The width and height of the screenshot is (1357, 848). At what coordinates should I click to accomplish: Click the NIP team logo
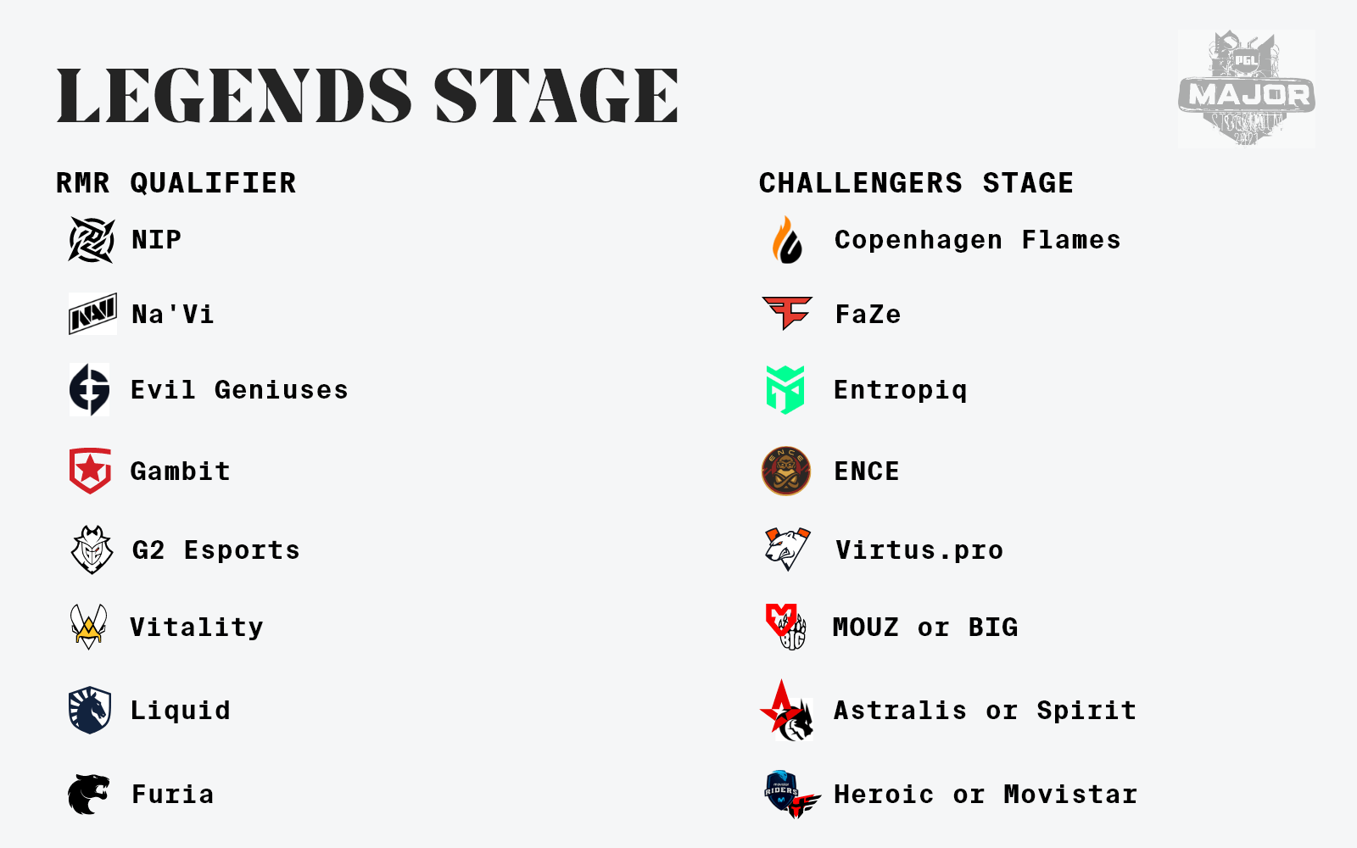(92, 240)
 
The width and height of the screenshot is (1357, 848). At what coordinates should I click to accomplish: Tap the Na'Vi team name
(173, 315)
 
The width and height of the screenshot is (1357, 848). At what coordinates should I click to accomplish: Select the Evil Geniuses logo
(90, 389)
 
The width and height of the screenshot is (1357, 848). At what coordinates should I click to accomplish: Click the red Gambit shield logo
(90, 471)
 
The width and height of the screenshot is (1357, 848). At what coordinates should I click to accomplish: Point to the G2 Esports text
(216, 550)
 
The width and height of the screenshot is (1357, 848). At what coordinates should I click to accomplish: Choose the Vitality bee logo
(88, 627)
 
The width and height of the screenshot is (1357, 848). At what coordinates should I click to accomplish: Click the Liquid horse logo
(90, 710)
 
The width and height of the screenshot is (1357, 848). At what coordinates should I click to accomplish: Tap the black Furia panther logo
(88, 794)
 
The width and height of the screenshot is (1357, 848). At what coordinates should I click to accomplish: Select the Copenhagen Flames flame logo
(787, 240)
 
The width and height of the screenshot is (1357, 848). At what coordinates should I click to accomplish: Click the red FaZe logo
(787, 313)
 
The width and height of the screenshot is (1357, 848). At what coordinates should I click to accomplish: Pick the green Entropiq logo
(785, 390)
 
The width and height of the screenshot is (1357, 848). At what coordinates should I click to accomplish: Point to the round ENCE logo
(785, 471)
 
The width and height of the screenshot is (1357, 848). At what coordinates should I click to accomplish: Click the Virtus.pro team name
(919, 550)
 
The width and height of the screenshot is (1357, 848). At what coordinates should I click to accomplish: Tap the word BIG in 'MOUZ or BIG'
(993, 627)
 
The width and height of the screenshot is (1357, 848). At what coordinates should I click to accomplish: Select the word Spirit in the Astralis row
(1086, 711)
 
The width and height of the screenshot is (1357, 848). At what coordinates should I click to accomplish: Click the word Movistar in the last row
(1070, 794)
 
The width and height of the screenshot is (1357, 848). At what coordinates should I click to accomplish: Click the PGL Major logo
(1246, 88)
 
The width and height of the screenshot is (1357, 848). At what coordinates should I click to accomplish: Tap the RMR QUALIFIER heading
(176, 183)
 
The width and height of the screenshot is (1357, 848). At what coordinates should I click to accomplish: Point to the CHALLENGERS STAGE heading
(916, 183)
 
